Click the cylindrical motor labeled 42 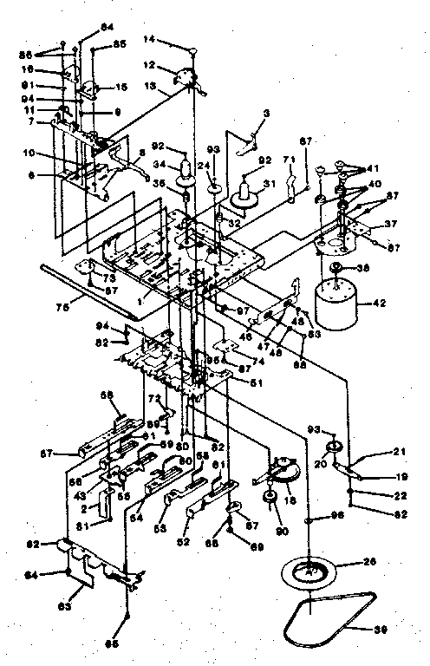click(335, 302)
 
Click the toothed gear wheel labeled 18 click(283, 473)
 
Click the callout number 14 click(149, 40)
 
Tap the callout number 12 click(149, 64)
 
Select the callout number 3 click(266, 113)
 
